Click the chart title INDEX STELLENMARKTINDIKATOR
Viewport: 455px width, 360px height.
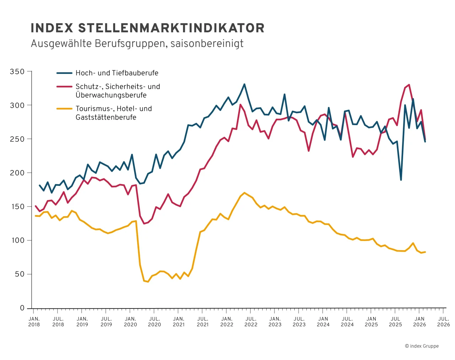[x=148, y=28]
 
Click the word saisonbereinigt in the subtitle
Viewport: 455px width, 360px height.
[x=207, y=44]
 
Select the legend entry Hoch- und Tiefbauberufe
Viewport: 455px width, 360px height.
[x=117, y=73]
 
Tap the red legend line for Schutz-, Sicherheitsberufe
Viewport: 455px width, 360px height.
[x=64, y=86]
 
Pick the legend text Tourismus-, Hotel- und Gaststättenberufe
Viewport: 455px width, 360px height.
[x=113, y=113]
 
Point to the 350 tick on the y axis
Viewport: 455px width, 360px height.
[x=17, y=72]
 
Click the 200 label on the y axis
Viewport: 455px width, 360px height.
[x=17, y=173]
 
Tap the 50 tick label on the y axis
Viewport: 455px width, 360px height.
[x=20, y=274]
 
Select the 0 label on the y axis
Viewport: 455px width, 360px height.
[x=22, y=308]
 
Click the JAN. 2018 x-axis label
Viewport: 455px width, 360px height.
[x=34, y=322]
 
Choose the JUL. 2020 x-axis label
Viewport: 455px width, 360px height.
[x=154, y=322]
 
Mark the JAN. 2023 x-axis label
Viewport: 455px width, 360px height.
[x=275, y=322]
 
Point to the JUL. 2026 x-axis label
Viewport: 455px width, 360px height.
[x=443, y=322]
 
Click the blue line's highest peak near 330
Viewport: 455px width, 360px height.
[x=244, y=84]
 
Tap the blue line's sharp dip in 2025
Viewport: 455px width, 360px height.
[x=401, y=180]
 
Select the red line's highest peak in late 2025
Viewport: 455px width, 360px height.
[x=409, y=85]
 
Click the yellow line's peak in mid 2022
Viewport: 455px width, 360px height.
[x=244, y=193]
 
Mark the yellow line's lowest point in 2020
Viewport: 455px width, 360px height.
[x=148, y=282]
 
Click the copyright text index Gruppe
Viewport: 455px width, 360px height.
[x=422, y=346]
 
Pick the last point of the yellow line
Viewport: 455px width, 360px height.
[x=425, y=252]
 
